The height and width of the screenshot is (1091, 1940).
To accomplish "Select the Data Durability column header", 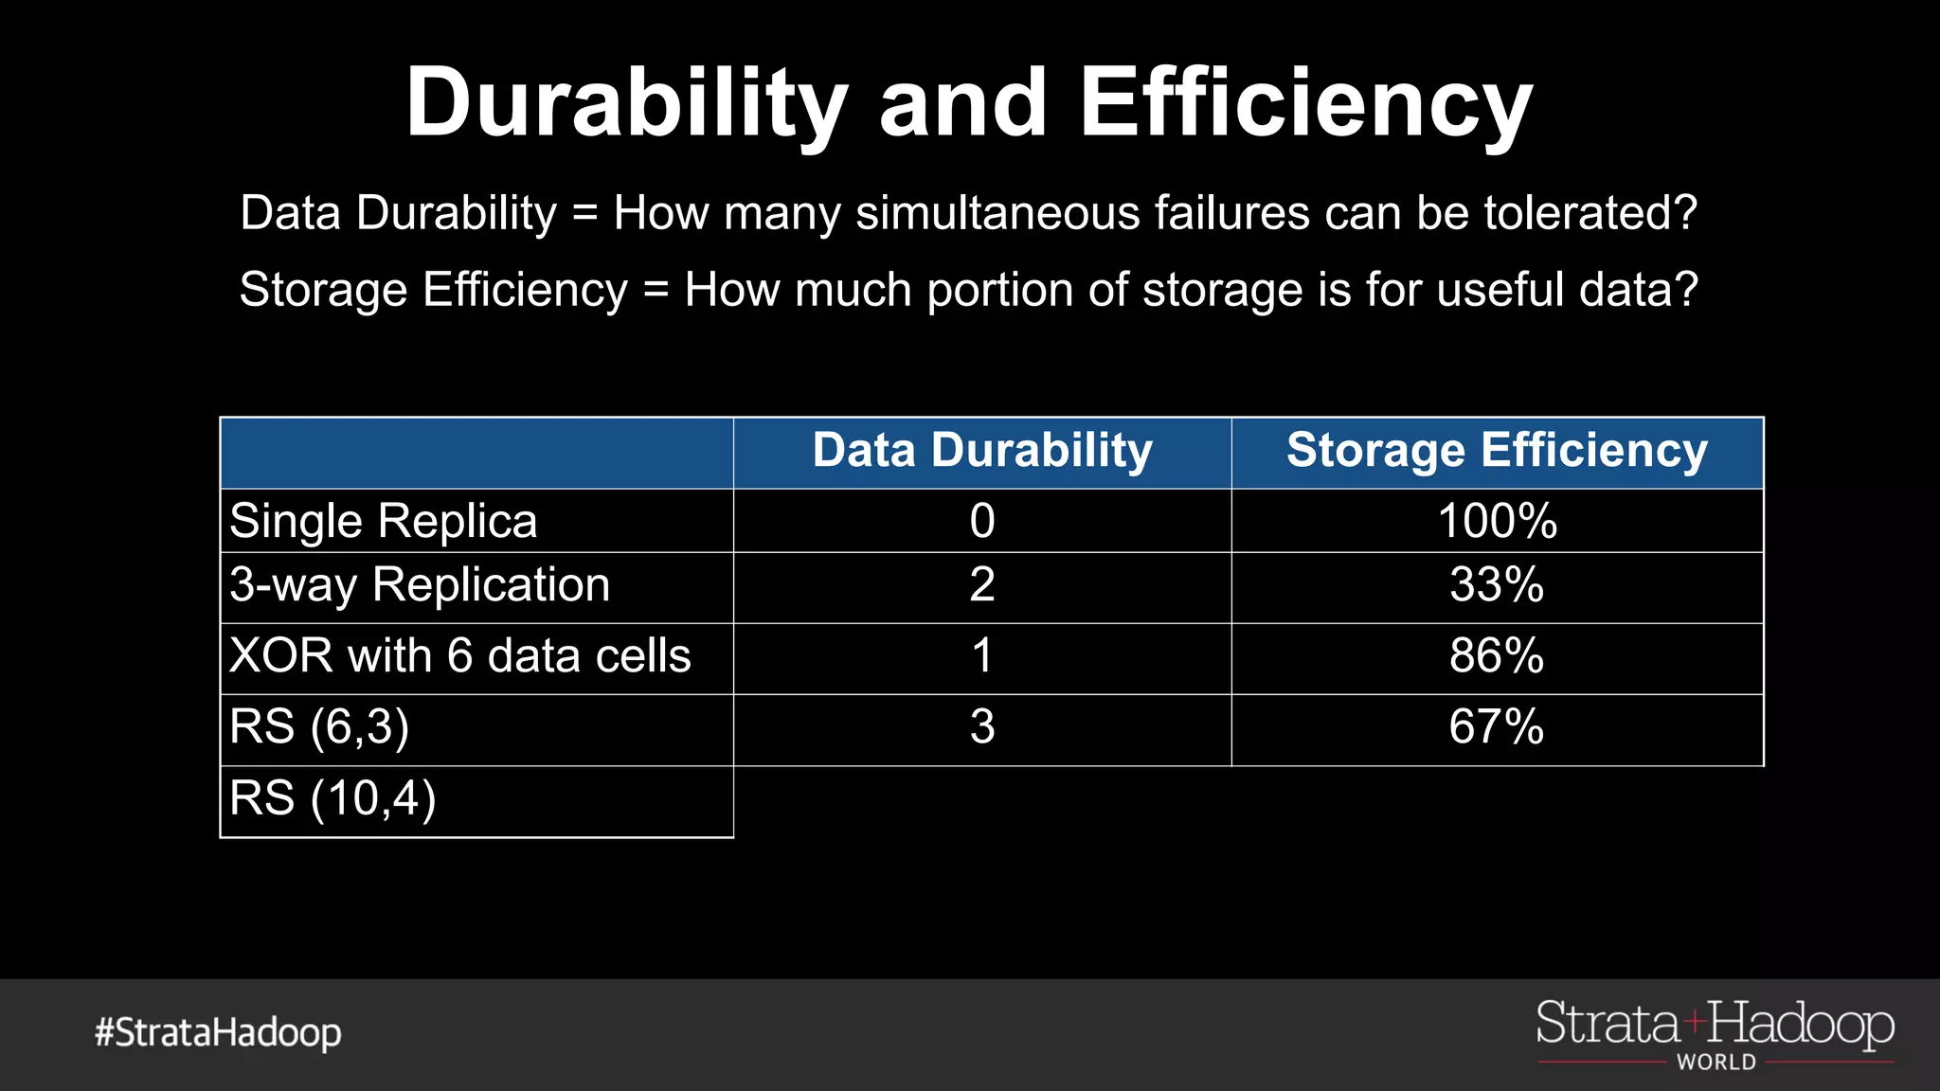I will [982, 451].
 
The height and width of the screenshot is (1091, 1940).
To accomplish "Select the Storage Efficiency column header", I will [1497, 451].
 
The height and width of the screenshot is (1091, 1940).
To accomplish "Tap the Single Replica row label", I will [384, 521].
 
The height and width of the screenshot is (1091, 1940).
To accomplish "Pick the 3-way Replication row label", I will [420, 585].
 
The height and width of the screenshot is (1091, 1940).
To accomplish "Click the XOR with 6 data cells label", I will [460, 656].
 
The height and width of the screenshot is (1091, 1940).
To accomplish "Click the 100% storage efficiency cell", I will [1497, 521].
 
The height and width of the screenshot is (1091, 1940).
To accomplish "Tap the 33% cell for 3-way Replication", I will [1497, 585].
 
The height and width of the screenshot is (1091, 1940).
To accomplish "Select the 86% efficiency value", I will [1497, 656].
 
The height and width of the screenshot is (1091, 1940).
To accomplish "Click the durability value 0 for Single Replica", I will [982, 521].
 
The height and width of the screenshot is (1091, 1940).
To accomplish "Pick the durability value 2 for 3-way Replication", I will [982, 585].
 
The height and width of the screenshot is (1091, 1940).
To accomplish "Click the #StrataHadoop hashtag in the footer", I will [218, 1032].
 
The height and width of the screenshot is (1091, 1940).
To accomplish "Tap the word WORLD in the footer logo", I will [1716, 1063].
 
